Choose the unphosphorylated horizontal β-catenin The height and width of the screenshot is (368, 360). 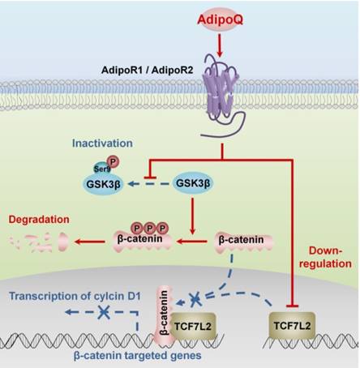pyautogui.click(x=242, y=242)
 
